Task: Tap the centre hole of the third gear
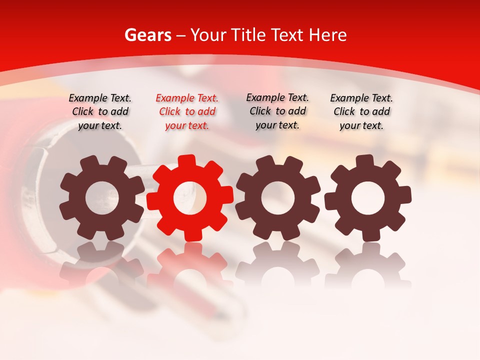pos(277,198)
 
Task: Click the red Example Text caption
pos(187,112)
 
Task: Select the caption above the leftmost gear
pos(100,112)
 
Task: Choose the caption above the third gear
pos(277,111)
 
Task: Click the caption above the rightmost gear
pos(361,112)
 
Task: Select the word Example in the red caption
pos(173,98)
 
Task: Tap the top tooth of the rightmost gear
pos(364,161)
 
